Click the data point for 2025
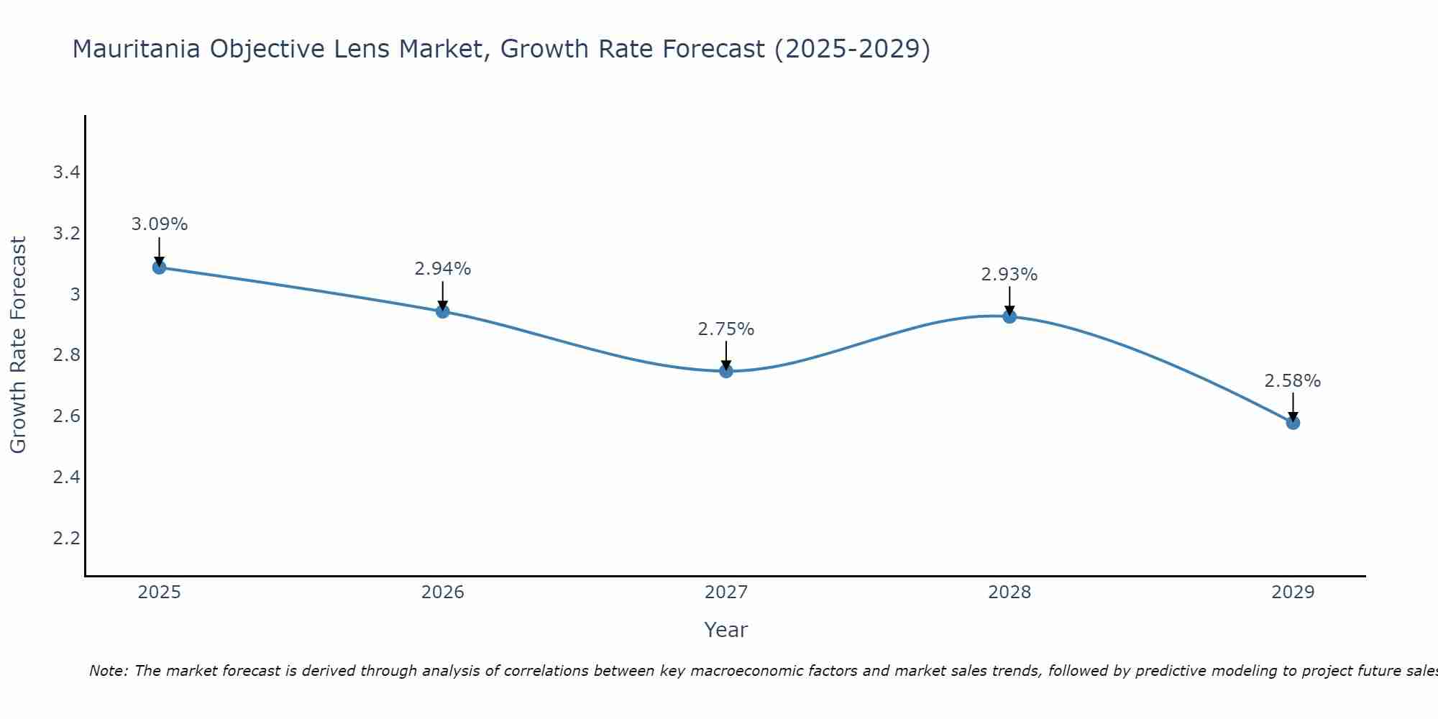click(159, 267)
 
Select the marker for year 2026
click(442, 311)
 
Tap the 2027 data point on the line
click(726, 371)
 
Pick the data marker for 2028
click(1009, 316)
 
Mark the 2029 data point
click(1293, 423)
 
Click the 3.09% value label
click(159, 224)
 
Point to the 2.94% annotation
click(442, 269)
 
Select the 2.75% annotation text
click(726, 329)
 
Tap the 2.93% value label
click(1009, 275)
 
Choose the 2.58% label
click(1293, 381)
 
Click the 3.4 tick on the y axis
click(66, 173)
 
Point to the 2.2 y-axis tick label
click(66, 539)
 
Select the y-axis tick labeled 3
click(74, 294)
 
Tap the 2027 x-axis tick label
click(726, 592)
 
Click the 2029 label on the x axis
click(1293, 592)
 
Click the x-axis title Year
click(726, 630)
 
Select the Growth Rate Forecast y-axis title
click(18, 345)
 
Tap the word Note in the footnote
click(107, 671)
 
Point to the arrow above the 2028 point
click(1009, 301)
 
